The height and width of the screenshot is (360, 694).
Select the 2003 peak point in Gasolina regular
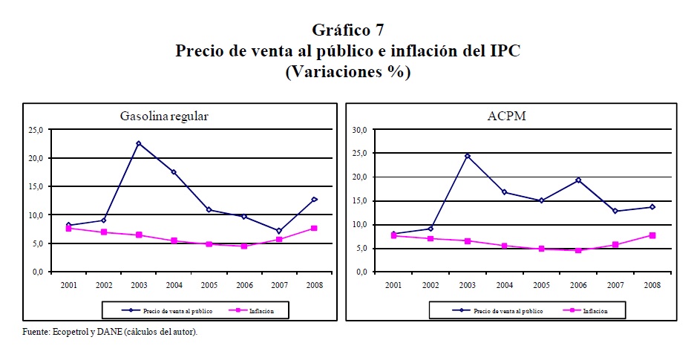point(138,143)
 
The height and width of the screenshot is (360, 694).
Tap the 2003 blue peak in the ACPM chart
point(468,156)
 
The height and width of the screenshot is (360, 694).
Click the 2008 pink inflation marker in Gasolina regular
point(314,228)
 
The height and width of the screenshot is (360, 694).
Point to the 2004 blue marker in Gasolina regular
point(173,171)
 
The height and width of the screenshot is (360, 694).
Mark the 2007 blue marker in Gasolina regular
point(278,231)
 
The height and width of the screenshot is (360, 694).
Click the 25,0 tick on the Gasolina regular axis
point(36,130)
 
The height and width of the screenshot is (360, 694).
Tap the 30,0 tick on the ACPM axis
point(359,130)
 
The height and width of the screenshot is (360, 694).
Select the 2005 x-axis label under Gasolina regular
point(209,284)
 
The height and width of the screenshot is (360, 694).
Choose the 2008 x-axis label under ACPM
point(652,284)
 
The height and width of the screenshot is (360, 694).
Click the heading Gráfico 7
point(347,30)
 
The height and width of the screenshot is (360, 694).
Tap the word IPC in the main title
point(503,51)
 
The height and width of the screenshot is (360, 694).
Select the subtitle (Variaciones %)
point(347,73)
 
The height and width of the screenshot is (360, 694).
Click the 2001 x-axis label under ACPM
point(393,284)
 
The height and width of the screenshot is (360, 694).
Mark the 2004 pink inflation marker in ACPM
point(504,246)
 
